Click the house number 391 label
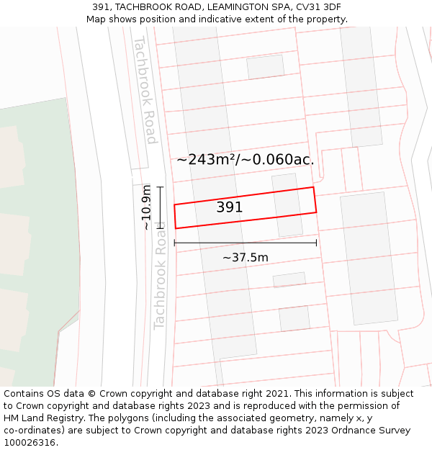(230, 207)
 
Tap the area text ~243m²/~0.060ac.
(246, 159)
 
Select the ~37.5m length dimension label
(245, 257)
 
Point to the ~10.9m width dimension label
(146, 207)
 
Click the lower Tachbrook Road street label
(160, 284)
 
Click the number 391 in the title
(102, 7)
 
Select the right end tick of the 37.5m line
(316, 243)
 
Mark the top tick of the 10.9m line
(160, 187)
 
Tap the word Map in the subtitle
(96, 19)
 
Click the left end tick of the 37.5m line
(175, 243)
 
